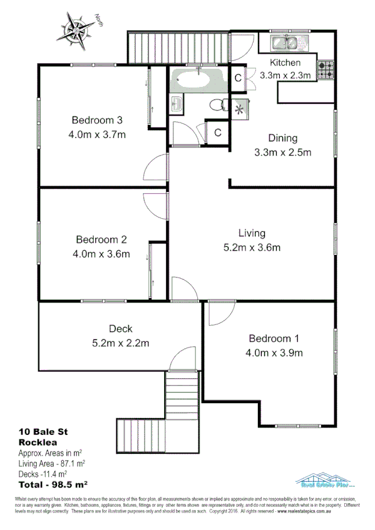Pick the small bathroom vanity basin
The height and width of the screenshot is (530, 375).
pyautogui.click(x=176, y=104)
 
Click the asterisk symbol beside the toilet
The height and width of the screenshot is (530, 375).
pyautogui.click(x=239, y=109)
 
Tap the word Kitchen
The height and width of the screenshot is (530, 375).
pyautogui.click(x=285, y=62)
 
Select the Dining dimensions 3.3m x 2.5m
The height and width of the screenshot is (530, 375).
pyautogui.click(x=282, y=152)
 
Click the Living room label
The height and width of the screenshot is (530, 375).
pyautogui.click(x=252, y=233)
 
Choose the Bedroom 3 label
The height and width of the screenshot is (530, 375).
pyautogui.click(x=96, y=120)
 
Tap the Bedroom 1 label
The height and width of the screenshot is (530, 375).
pyautogui.click(x=274, y=339)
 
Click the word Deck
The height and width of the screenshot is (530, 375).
pyautogui.click(x=121, y=329)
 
